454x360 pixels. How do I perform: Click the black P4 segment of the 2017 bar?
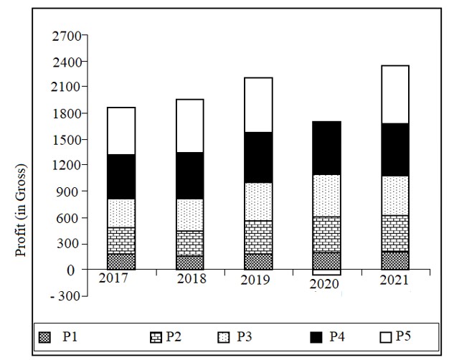121,176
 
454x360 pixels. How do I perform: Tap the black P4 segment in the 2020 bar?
326,148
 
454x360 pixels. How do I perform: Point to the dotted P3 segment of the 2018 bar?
189,214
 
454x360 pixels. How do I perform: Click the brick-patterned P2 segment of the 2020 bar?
326,235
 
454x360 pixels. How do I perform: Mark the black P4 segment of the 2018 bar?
189,175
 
